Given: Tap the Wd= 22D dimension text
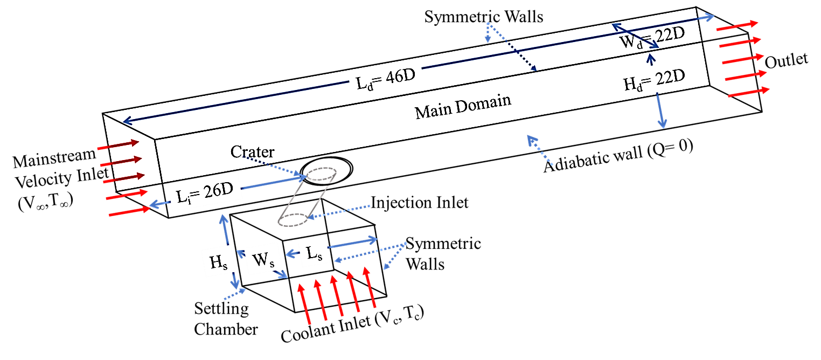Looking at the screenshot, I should coord(651,38).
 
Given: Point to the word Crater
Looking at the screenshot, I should coord(252,152).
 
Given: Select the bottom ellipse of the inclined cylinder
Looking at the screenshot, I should coord(293,220).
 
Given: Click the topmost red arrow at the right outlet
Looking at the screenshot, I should coord(737,25).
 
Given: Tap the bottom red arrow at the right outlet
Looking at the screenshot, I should coord(749,92).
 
